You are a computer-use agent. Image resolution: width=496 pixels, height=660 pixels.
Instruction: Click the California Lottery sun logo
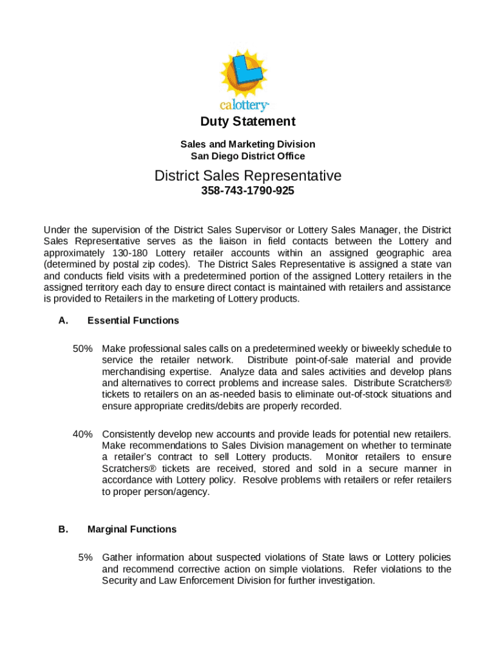coord(244,72)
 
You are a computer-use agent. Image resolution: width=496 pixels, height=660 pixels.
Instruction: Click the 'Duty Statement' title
coord(247,121)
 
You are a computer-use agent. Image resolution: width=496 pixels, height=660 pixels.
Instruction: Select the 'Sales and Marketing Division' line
coord(247,144)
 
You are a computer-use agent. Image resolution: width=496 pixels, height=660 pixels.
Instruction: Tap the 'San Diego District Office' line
coord(247,156)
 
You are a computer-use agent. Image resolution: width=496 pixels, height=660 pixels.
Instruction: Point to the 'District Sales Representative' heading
coord(247,176)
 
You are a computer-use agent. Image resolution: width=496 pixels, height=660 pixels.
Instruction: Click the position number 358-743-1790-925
coord(247,191)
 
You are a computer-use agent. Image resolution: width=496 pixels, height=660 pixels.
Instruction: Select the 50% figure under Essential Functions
coord(82,348)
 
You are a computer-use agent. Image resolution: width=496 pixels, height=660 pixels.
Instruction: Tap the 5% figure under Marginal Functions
coord(86,557)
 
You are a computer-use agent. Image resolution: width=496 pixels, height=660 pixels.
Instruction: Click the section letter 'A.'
coord(63,320)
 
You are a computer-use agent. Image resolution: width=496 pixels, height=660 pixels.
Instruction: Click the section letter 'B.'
coord(63,529)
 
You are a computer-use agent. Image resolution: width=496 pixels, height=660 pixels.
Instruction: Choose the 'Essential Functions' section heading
coord(133,320)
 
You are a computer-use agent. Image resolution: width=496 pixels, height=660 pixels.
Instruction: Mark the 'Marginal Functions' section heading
coord(131,529)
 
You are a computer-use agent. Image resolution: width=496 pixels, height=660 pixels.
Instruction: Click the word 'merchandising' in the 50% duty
coord(131,372)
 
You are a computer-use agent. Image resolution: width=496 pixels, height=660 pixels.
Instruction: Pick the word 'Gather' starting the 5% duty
coord(117,557)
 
